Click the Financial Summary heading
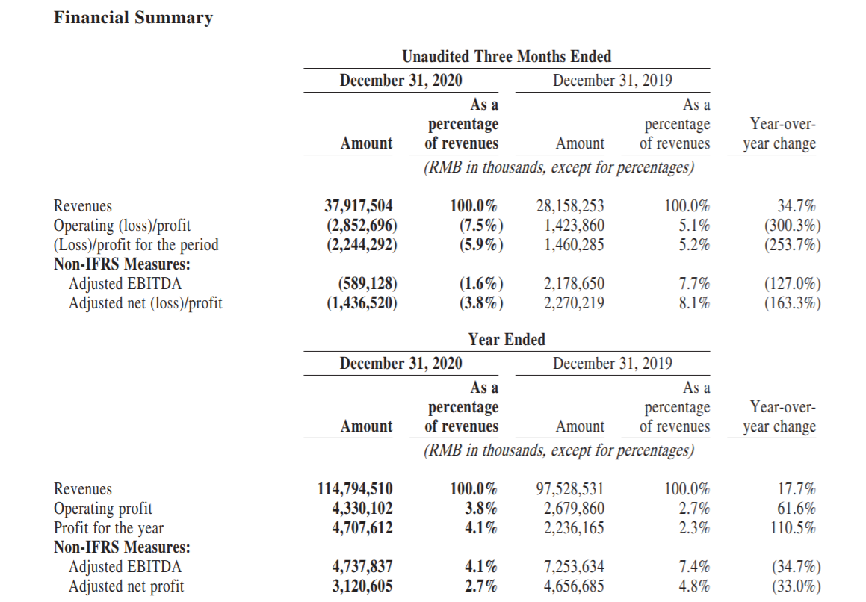[133, 18]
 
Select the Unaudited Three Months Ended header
[507, 56]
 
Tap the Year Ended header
[507, 339]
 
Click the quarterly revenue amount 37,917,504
[359, 206]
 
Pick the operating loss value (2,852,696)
[362, 226]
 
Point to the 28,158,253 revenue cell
[570, 206]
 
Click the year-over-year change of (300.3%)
[793, 226]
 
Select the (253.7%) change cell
[793, 245]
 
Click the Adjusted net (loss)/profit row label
[145, 303]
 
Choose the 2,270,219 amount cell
[574, 303]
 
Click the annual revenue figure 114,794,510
[355, 488]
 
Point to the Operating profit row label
[102, 509]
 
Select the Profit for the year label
[109, 528]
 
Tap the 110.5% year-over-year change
[793, 528]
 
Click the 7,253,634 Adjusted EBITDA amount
[574, 567]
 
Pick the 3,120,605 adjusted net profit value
[362, 586]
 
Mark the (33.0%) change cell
[793, 586]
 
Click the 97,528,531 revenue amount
[570, 488]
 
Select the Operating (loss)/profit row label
[122, 226]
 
